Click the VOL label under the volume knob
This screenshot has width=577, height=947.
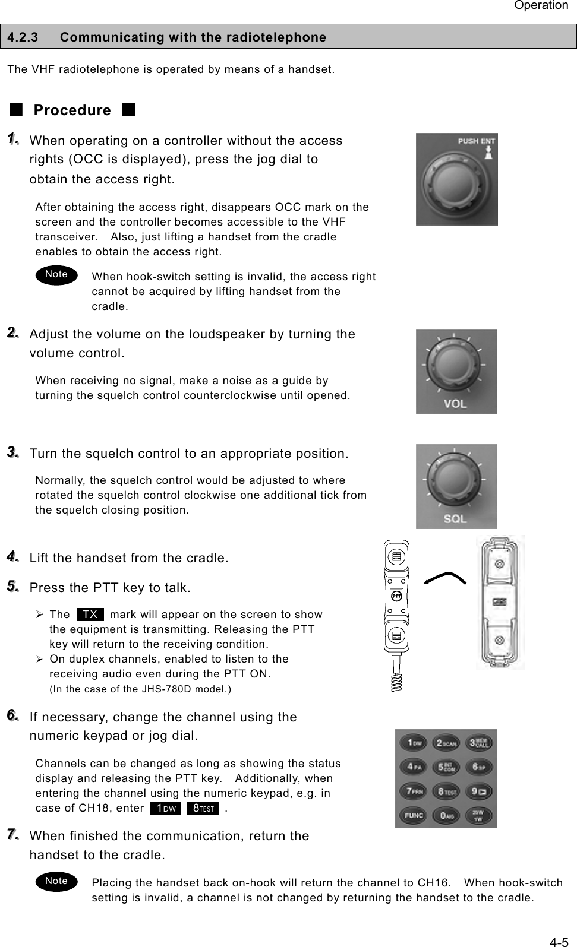pyautogui.click(x=455, y=404)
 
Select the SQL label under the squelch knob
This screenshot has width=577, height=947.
pyautogui.click(x=455, y=519)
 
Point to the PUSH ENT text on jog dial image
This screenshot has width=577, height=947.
pyautogui.click(x=475, y=141)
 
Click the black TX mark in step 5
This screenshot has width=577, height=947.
pyautogui.click(x=90, y=614)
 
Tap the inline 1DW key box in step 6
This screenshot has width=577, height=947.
pyautogui.click(x=166, y=808)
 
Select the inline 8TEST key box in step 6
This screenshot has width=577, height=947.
pyautogui.click(x=203, y=808)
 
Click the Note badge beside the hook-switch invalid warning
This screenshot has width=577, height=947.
pyautogui.click(x=56, y=274)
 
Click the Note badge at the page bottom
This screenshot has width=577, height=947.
pyautogui.click(x=56, y=881)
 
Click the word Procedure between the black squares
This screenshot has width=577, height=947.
pyautogui.click(x=72, y=110)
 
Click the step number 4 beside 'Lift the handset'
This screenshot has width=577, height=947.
pyautogui.click(x=12, y=557)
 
